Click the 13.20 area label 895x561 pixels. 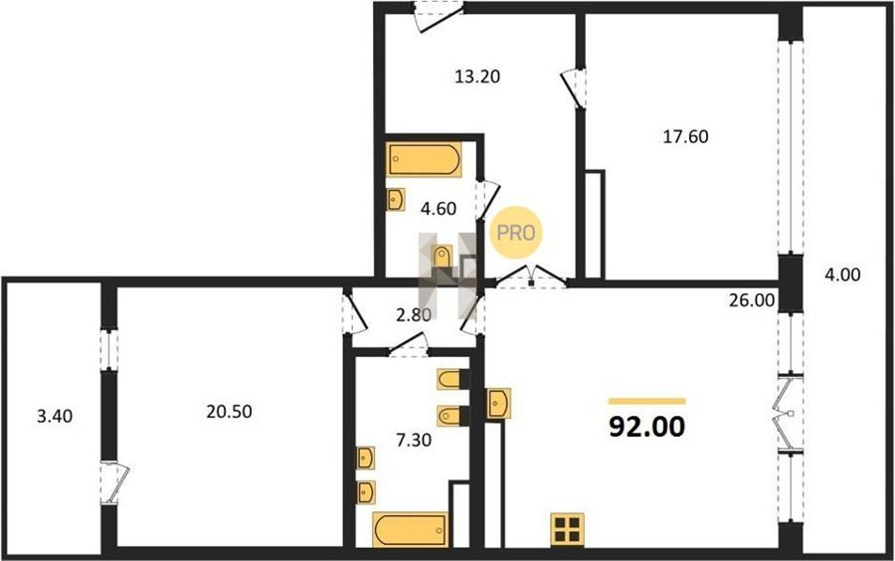click(x=477, y=76)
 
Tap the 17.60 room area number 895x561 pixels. click(x=685, y=136)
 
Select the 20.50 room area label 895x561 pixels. click(x=229, y=411)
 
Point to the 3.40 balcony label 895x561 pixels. click(x=55, y=416)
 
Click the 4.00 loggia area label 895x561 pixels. click(x=842, y=275)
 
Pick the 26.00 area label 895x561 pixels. click(x=752, y=300)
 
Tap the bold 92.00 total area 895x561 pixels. click(x=646, y=426)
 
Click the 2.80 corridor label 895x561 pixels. click(x=414, y=314)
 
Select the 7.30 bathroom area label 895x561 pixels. click(x=414, y=440)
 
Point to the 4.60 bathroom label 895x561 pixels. click(x=439, y=208)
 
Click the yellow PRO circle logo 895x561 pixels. click(x=516, y=233)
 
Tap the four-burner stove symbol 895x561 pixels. click(x=568, y=529)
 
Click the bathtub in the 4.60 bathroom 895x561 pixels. click(x=424, y=160)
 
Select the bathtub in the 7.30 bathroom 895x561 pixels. click(x=410, y=530)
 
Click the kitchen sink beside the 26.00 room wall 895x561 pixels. click(x=498, y=404)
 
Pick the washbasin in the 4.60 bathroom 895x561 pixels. click(x=396, y=200)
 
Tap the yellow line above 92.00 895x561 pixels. click(x=646, y=401)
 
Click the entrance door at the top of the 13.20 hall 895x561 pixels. click(x=438, y=15)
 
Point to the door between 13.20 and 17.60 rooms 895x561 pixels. click(x=574, y=88)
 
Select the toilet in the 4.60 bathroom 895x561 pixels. click(x=443, y=257)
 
